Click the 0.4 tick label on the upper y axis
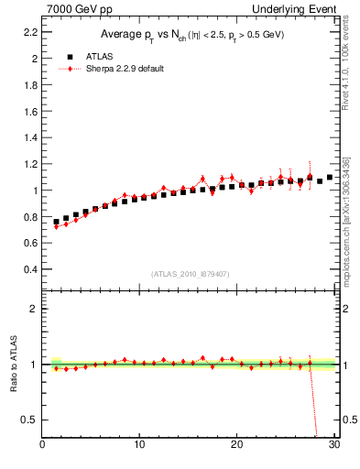tap(30, 270)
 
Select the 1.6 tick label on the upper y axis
tap(30, 111)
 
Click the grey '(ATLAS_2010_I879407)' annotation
tap(191, 273)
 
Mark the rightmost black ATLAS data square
tap(330, 178)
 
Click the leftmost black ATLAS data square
tap(56, 222)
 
